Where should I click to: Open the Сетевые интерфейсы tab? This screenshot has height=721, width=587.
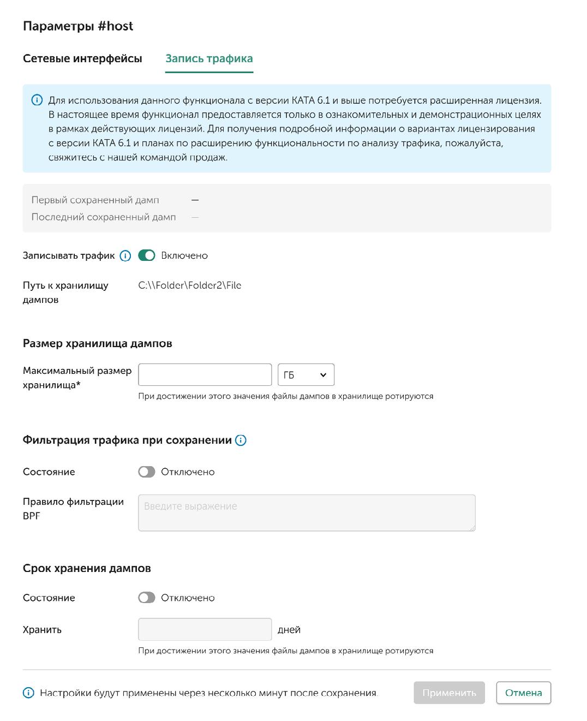click(x=82, y=58)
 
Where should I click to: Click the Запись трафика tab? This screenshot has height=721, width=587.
click(x=209, y=58)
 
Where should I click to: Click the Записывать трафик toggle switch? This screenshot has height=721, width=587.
click(x=147, y=255)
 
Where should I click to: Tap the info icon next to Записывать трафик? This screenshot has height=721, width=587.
click(x=125, y=255)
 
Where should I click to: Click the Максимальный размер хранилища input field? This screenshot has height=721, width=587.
click(x=205, y=375)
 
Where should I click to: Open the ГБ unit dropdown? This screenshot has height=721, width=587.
click(x=306, y=375)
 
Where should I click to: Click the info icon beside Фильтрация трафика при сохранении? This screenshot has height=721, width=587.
click(x=241, y=440)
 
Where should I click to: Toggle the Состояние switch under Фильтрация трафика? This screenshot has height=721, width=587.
click(x=147, y=472)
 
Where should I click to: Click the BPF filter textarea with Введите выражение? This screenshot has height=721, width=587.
click(x=307, y=513)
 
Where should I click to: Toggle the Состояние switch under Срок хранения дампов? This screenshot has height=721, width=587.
click(x=147, y=598)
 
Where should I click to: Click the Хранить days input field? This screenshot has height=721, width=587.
click(x=205, y=629)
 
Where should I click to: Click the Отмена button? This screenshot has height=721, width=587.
click(x=523, y=693)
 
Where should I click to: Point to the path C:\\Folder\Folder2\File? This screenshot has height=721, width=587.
click(x=190, y=285)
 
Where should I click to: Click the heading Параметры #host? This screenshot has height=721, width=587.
click(x=78, y=26)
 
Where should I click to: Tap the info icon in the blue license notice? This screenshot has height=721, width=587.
click(x=37, y=100)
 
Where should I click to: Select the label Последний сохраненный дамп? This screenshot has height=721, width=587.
click(x=104, y=217)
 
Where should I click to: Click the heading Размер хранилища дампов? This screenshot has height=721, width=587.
click(x=98, y=343)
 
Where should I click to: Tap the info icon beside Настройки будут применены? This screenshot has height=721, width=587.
click(x=28, y=693)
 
